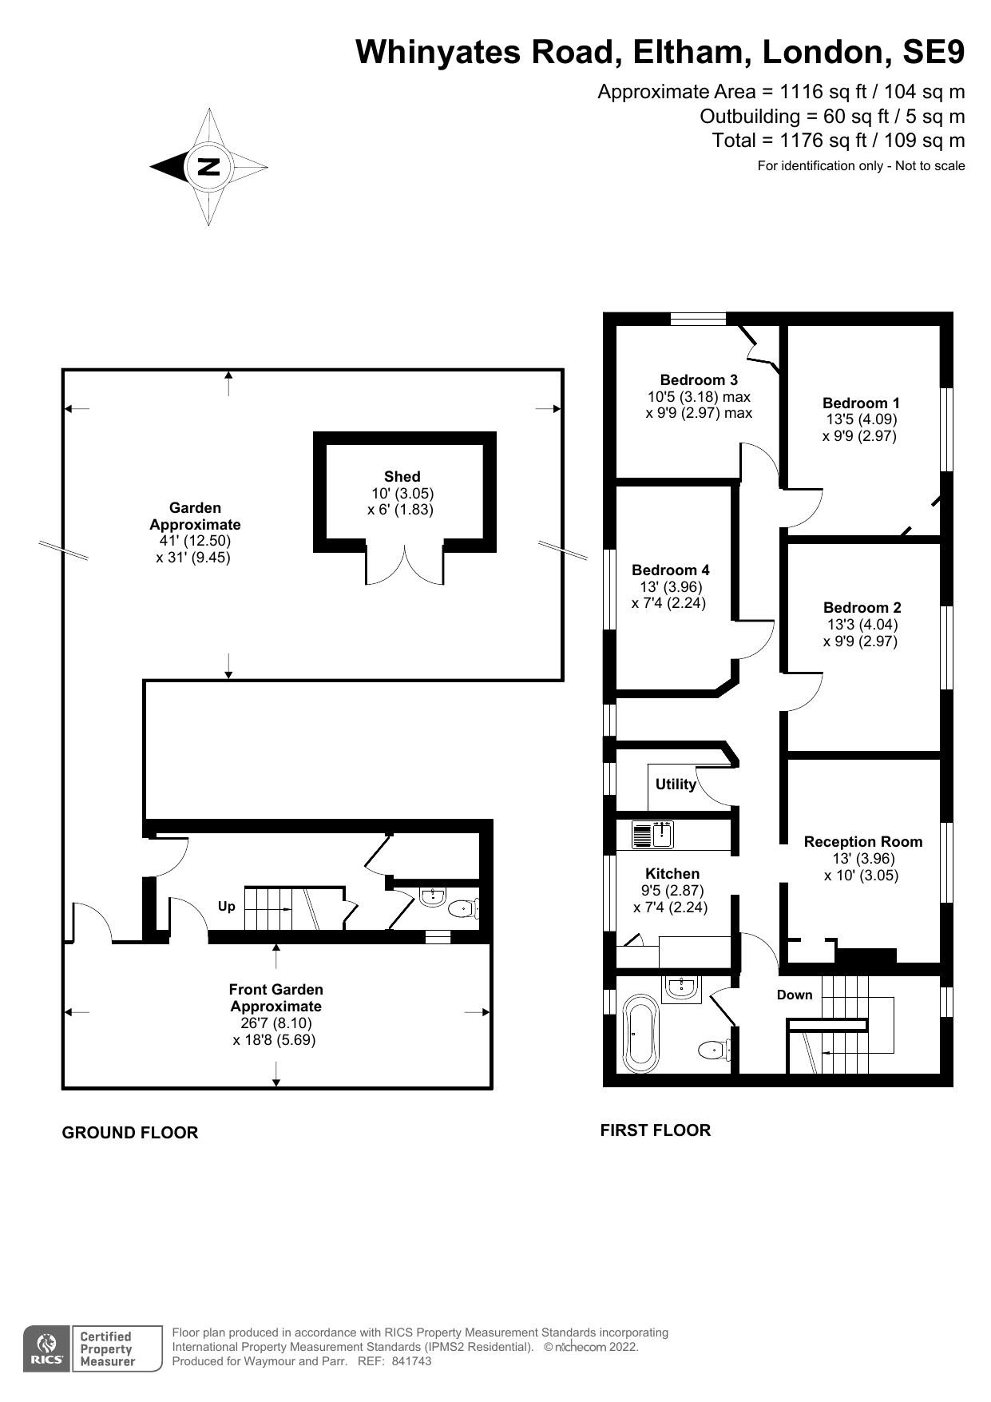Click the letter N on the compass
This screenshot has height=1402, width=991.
(x=208, y=167)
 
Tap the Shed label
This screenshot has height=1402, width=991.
(x=402, y=476)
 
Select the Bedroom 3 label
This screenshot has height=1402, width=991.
(x=699, y=379)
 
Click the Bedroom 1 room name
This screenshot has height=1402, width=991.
(x=861, y=403)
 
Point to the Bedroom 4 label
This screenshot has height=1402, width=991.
(x=670, y=570)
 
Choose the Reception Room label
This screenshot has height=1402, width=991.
(x=862, y=841)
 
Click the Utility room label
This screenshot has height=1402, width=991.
(x=676, y=784)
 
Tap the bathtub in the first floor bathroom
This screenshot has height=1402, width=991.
(x=640, y=1033)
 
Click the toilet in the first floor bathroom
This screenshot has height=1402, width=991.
(x=714, y=1049)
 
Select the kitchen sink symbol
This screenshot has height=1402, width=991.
(x=652, y=835)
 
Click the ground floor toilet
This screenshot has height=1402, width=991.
(x=463, y=908)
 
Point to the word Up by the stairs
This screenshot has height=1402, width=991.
(x=227, y=906)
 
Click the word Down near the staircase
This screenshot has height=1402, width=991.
(x=795, y=995)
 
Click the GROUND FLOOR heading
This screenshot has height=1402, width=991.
(x=130, y=1133)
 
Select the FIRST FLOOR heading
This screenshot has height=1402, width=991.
(x=656, y=1130)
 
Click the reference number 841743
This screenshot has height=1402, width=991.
(x=411, y=1361)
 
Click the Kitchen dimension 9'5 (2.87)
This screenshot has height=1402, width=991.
(x=672, y=890)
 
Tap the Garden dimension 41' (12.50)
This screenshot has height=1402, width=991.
(x=195, y=541)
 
